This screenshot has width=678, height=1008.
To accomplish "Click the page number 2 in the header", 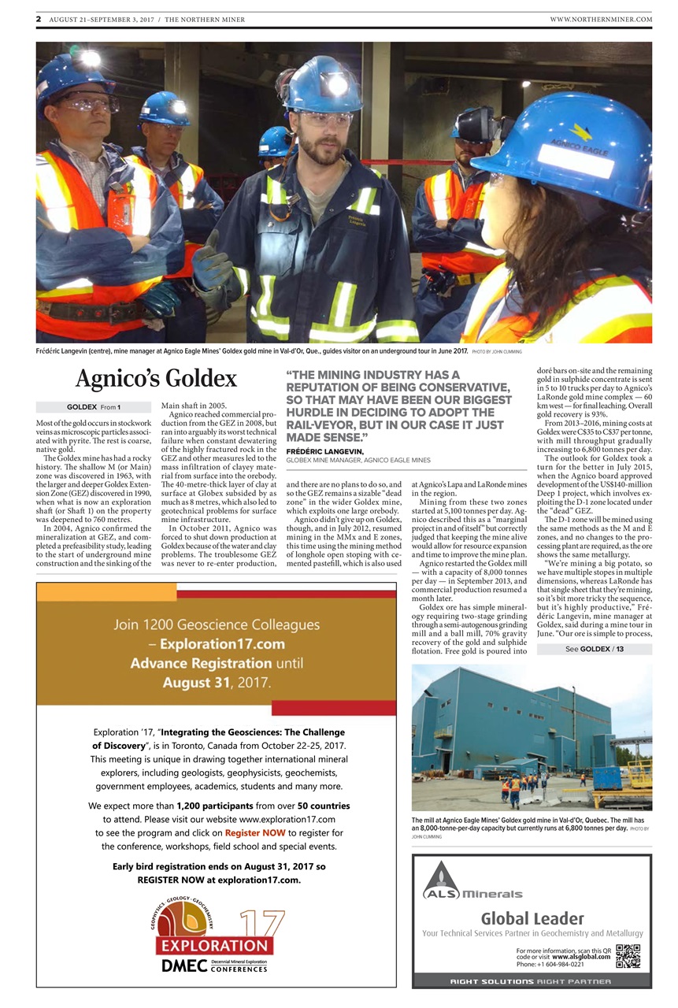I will [x=38, y=19].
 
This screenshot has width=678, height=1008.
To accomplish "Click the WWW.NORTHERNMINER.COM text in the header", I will [x=601, y=19].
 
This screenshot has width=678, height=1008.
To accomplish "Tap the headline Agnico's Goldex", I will [x=156, y=379].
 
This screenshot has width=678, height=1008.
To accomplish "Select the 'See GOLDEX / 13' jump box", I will [x=595, y=649].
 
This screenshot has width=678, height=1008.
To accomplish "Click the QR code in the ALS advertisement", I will [x=628, y=955].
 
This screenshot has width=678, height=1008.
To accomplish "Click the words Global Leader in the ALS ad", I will [x=532, y=918].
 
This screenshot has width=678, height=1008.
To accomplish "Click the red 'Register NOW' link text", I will [x=254, y=832].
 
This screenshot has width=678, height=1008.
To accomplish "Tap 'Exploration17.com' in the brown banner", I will [x=217, y=645].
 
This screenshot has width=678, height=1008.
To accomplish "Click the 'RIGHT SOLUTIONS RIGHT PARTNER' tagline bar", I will [x=532, y=981].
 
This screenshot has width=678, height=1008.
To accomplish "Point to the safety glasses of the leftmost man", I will [x=85, y=102].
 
